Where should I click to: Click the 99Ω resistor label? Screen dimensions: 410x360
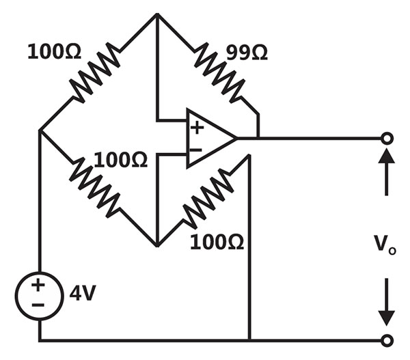(x=247, y=53)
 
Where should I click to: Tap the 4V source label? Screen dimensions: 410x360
(x=83, y=292)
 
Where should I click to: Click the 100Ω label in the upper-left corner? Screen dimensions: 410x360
(x=55, y=51)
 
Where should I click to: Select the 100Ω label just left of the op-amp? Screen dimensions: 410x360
(x=120, y=160)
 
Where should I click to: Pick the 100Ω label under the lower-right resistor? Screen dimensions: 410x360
(x=217, y=242)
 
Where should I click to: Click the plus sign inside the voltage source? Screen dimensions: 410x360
(x=38, y=285)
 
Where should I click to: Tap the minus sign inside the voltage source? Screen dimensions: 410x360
(x=38, y=305)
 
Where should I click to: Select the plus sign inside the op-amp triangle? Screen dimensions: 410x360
(x=197, y=128)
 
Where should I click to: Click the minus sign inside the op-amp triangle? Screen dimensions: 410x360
(x=196, y=150)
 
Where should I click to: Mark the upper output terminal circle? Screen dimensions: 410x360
(x=387, y=138)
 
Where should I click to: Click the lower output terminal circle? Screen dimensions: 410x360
(x=387, y=341)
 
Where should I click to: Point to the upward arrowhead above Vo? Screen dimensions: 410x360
(x=387, y=156)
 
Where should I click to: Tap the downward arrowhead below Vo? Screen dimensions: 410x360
(x=387, y=318)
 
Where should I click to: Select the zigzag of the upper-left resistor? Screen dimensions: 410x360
(x=96, y=73)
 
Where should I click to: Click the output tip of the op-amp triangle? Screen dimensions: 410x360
(x=236, y=138)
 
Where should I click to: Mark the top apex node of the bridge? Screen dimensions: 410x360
(x=157, y=14)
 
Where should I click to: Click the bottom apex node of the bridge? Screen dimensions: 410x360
(x=157, y=245)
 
